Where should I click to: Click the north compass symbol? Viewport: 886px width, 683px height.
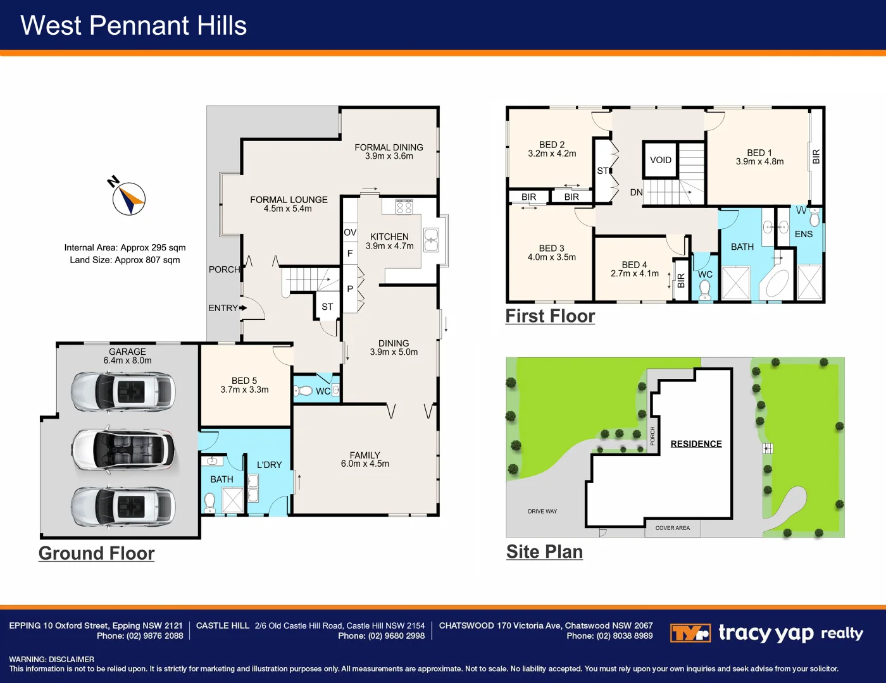point(129,199)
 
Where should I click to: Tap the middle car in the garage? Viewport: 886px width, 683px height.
point(123,450)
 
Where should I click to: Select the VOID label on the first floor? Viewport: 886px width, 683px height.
point(661,160)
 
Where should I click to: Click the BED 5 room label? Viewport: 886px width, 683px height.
point(244,381)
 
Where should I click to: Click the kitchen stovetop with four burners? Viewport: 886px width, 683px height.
point(404,207)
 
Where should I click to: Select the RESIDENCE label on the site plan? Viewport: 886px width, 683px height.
point(696,444)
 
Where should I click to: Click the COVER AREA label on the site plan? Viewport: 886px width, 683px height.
point(673,528)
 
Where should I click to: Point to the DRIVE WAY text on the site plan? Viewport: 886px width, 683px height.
point(542,511)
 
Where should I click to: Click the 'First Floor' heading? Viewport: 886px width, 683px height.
point(550,316)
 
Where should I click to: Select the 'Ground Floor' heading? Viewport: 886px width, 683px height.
point(96,553)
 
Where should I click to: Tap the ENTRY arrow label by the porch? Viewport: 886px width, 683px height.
point(227,308)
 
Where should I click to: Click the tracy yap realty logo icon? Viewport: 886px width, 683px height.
point(690,633)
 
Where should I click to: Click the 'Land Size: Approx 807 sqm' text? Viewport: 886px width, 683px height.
point(125,260)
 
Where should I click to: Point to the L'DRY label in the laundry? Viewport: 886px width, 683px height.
point(269,465)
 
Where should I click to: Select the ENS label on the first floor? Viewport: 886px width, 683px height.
point(803,234)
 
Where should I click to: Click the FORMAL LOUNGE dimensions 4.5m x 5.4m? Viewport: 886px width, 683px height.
point(288,209)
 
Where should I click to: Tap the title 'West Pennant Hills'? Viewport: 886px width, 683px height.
point(134,26)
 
